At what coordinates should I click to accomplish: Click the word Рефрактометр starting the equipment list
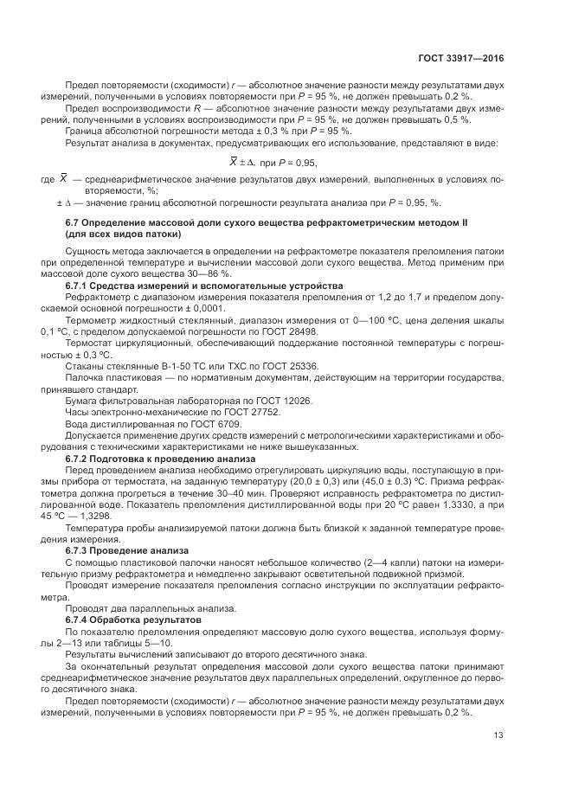coord(95,297)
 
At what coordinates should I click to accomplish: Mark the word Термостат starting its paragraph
coord(88,343)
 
